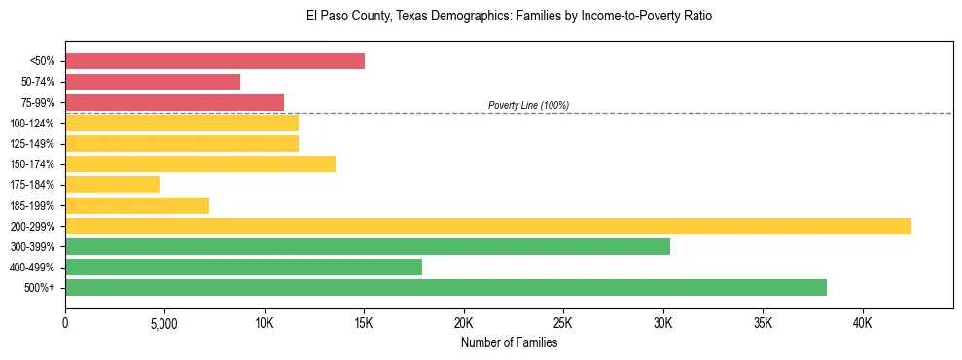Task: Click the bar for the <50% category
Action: [x=215, y=61]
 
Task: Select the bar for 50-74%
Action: [x=153, y=82]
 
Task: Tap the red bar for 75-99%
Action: [x=174, y=102]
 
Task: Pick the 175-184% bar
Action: [x=112, y=185]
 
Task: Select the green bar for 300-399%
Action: [x=368, y=246]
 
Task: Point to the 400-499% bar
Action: [x=243, y=267]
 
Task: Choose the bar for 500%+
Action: [x=445, y=287]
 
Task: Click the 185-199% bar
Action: [x=137, y=205]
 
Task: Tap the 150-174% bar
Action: [x=200, y=163]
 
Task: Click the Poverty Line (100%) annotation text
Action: [x=528, y=105]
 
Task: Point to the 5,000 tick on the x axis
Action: [x=164, y=323]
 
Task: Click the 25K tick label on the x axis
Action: [x=563, y=323]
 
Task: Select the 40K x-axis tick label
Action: [x=862, y=323]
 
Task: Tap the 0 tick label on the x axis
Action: [x=65, y=323]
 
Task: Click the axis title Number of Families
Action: [x=509, y=342]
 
